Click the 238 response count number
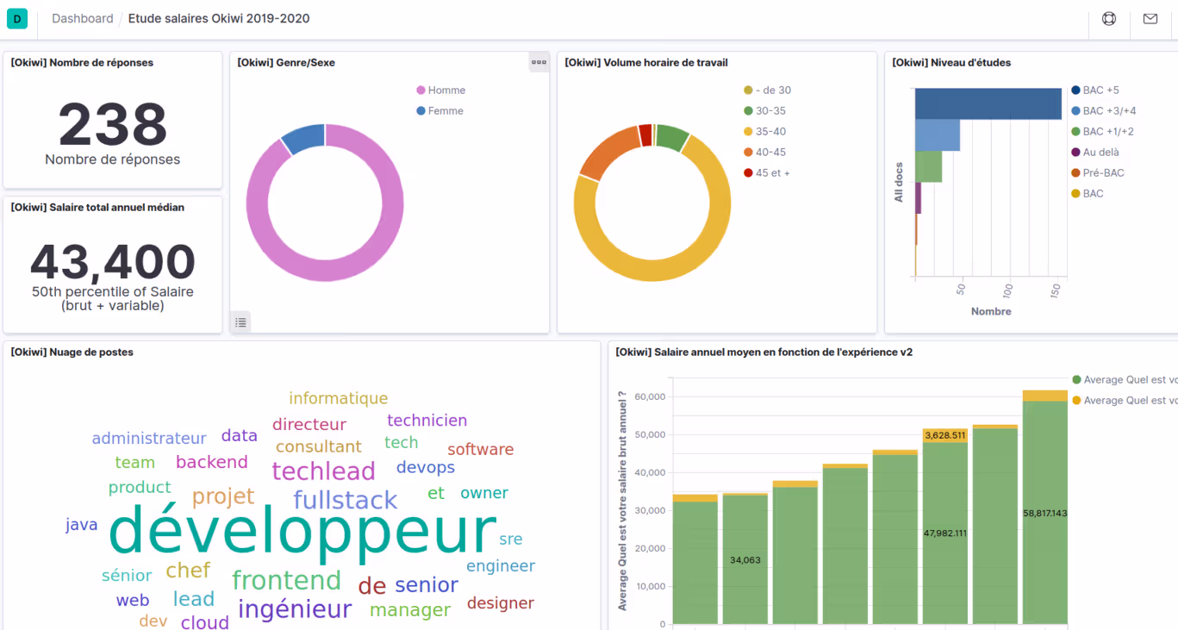[x=113, y=125]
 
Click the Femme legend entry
[x=445, y=111]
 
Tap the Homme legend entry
[x=446, y=90]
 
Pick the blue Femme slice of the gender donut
[x=302, y=138]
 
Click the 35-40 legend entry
[x=770, y=132]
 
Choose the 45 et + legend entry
[x=771, y=173]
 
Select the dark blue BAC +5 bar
[x=988, y=103]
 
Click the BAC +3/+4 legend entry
[x=1108, y=111]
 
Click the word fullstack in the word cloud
[x=345, y=500]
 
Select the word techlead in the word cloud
[x=323, y=471]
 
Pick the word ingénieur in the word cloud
[x=295, y=609]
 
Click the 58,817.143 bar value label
[x=1044, y=513]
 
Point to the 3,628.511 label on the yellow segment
[x=945, y=435]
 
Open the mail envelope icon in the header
[x=1150, y=19]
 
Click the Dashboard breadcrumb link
[x=82, y=19]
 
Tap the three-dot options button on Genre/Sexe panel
[x=539, y=62]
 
